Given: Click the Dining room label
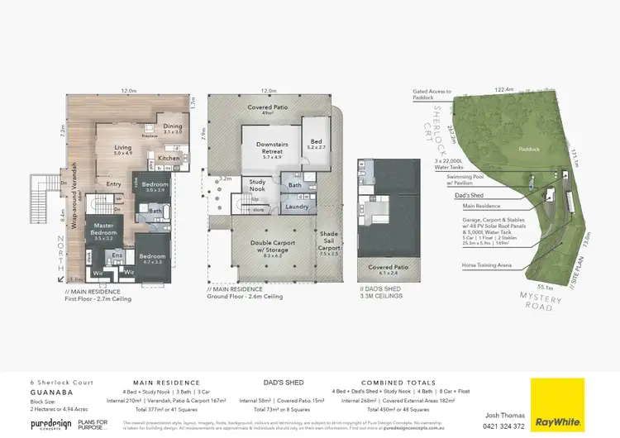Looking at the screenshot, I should coord(173,128).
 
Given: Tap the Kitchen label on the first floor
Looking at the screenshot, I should coord(169,158).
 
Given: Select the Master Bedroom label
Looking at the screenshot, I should coord(103,229).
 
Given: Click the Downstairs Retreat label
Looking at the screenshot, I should coord(265,147).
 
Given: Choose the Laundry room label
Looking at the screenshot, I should coord(296,207).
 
